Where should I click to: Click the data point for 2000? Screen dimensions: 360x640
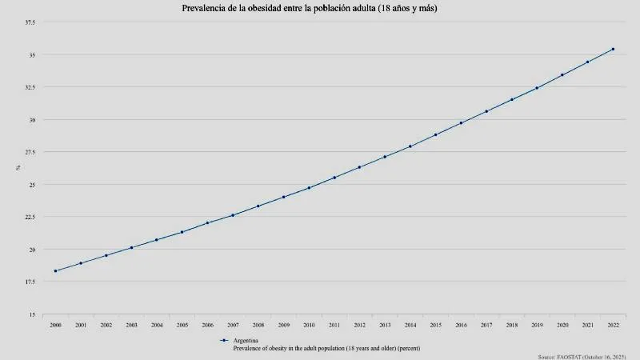pyautogui.click(x=55, y=271)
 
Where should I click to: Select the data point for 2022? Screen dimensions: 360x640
pyautogui.click(x=613, y=49)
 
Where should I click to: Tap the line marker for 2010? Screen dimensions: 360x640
pyautogui.click(x=309, y=188)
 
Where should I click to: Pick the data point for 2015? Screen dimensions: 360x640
pyautogui.click(x=435, y=134)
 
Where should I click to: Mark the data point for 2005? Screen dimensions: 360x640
pyautogui.click(x=182, y=232)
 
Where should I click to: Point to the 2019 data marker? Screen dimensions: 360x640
pyautogui.click(x=537, y=88)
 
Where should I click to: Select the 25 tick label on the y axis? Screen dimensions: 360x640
pyautogui.click(x=31, y=185)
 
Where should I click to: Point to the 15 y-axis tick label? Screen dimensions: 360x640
pyautogui.click(x=31, y=314)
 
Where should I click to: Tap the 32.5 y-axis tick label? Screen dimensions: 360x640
pyautogui.click(x=30, y=87)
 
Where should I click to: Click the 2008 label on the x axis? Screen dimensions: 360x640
pyautogui.click(x=258, y=326)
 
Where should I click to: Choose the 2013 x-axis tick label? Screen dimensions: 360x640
pyautogui.click(x=385, y=326)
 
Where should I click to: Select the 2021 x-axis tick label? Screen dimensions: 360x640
pyautogui.click(x=587, y=326)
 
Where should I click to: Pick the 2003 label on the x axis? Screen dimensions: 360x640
pyautogui.click(x=131, y=326)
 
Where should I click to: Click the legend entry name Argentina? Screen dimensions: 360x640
pyautogui.click(x=246, y=341)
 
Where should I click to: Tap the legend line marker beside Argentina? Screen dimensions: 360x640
pyautogui.click(x=224, y=341)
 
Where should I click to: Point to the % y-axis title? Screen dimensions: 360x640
pyautogui.click(x=15, y=168)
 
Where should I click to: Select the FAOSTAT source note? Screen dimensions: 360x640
pyautogui.click(x=581, y=355)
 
